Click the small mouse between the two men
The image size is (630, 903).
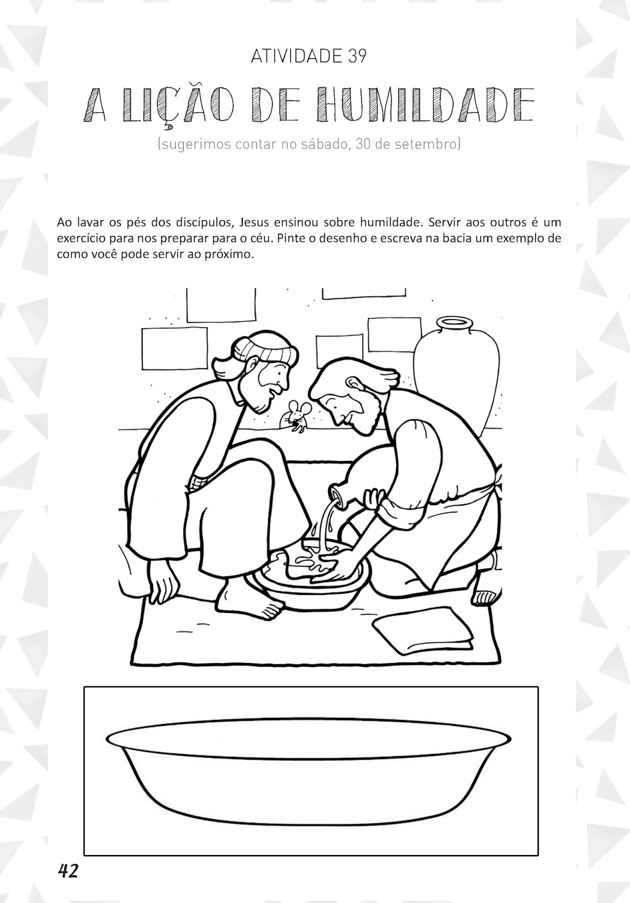pyautogui.click(x=296, y=417)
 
